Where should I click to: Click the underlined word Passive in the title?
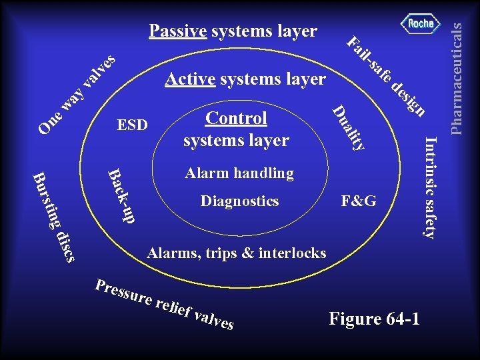tap(178, 31)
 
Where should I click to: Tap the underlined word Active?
tap(190, 80)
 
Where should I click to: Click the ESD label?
tap(132, 125)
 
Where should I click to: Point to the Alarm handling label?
tap(239, 173)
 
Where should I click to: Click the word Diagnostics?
tap(239, 201)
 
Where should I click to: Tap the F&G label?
tap(359, 201)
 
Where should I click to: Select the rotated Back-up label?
tap(121, 195)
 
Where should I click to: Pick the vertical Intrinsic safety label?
tap(431, 187)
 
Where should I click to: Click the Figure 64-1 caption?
tap(374, 319)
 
